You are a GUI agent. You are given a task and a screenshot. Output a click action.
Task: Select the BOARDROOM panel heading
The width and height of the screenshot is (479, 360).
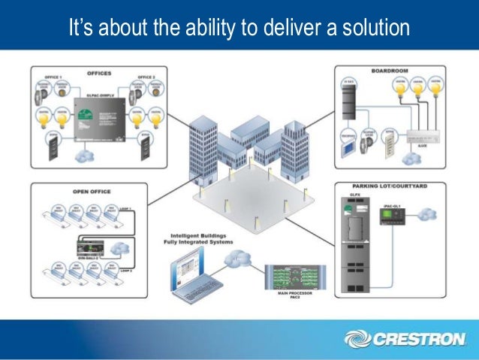click(387, 71)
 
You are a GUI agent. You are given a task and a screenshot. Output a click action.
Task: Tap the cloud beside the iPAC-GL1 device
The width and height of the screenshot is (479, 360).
click(426, 213)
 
